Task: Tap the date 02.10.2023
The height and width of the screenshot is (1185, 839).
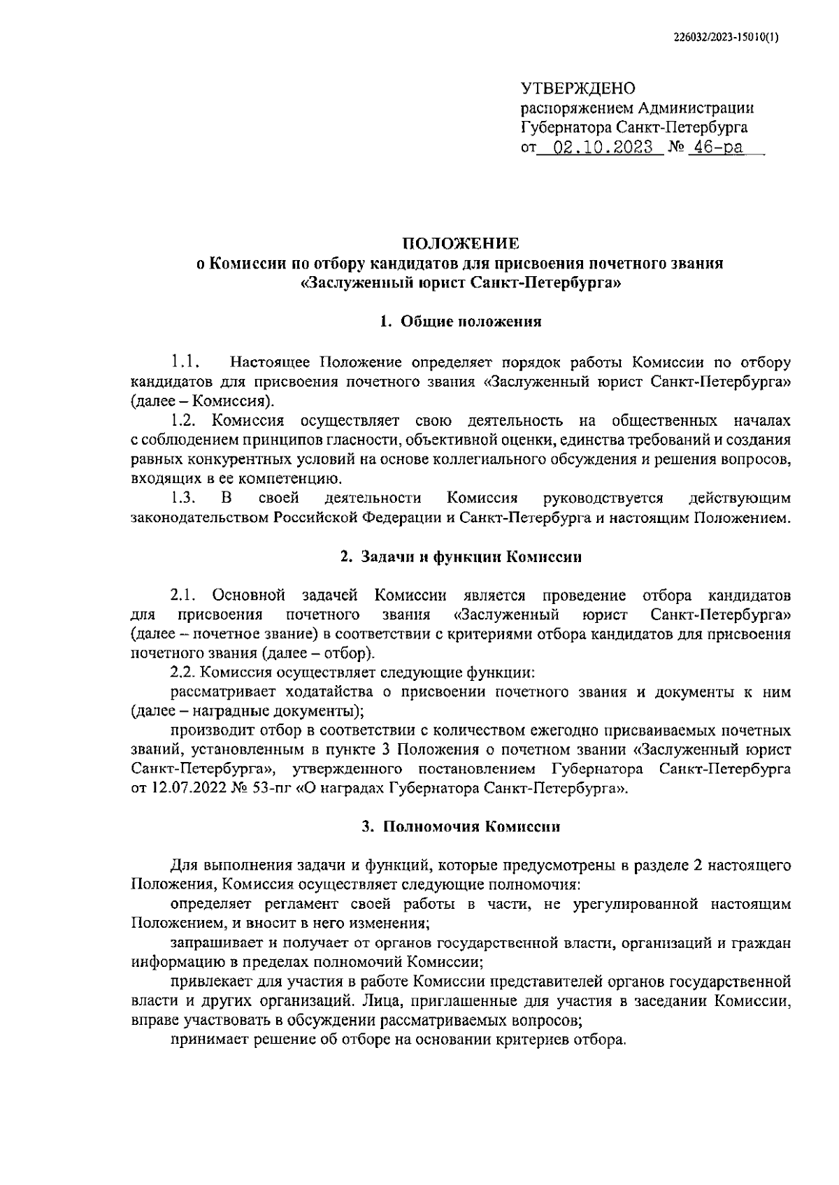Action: pos(603,148)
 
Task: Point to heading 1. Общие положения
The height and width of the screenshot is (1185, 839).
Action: pos(460,322)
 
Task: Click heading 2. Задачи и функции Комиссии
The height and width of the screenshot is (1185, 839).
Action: pos(460,557)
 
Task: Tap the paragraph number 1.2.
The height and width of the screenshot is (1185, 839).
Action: pos(185,421)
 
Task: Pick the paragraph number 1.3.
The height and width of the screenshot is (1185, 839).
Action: pos(185,498)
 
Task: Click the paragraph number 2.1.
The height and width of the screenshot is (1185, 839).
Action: pos(185,596)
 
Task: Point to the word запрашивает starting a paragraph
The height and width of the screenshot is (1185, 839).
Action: pos(210,942)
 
